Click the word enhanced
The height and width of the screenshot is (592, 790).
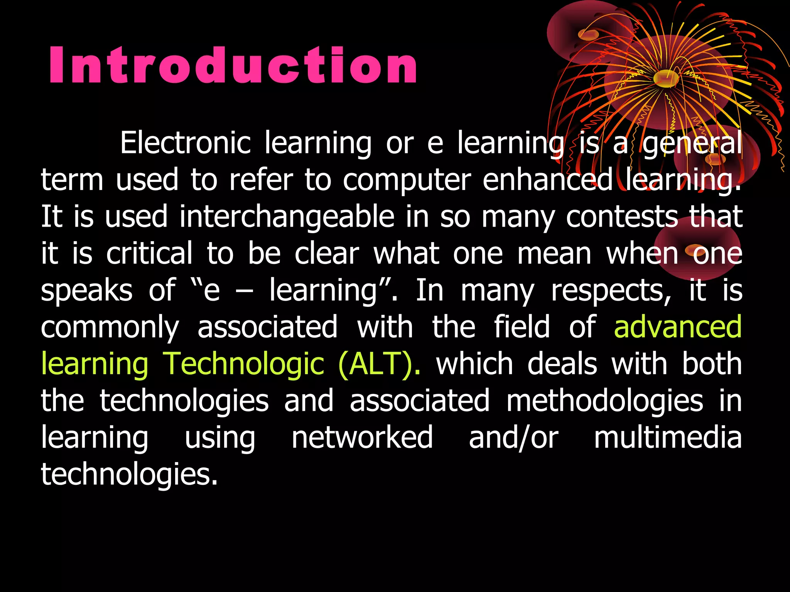(x=548, y=180)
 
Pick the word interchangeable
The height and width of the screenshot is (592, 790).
(x=287, y=217)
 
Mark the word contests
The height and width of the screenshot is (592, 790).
(x=622, y=217)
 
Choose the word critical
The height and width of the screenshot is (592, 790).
(x=149, y=254)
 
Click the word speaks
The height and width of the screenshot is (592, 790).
(x=87, y=291)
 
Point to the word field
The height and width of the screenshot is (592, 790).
(x=522, y=327)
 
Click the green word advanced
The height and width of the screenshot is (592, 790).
(x=678, y=327)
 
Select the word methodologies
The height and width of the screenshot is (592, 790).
(x=604, y=401)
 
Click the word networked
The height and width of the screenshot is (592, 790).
(x=362, y=438)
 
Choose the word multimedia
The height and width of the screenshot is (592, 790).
(x=668, y=438)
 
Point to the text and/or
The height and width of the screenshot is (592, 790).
(x=513, y=438)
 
